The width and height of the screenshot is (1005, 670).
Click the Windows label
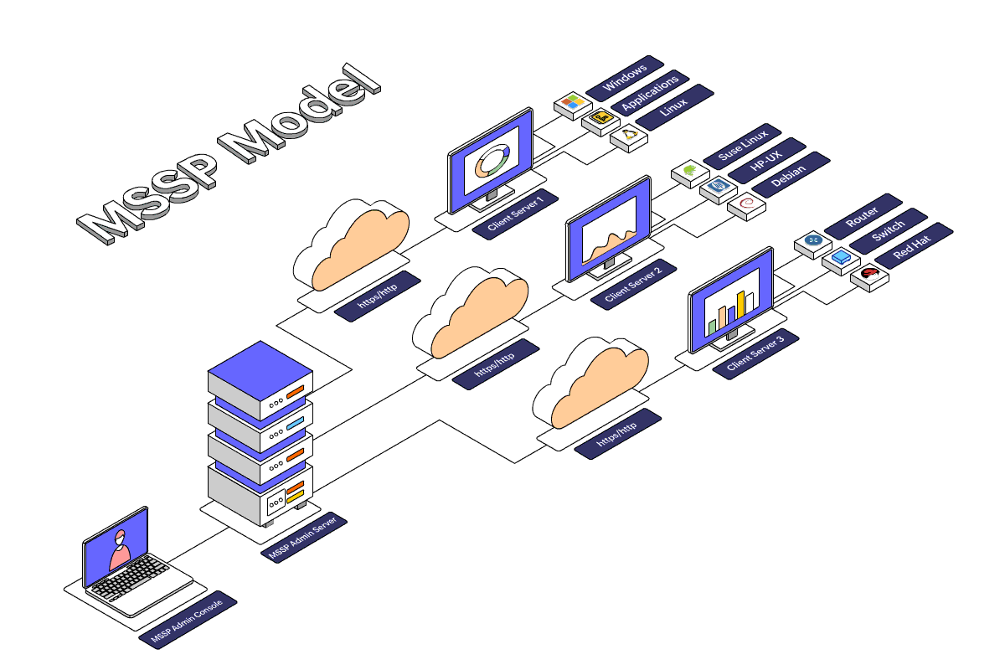point(625,73)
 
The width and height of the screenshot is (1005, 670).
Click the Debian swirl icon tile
point(746,204)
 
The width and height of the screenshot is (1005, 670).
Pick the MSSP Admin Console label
point(188,622)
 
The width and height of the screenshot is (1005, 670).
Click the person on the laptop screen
point(121,549)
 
